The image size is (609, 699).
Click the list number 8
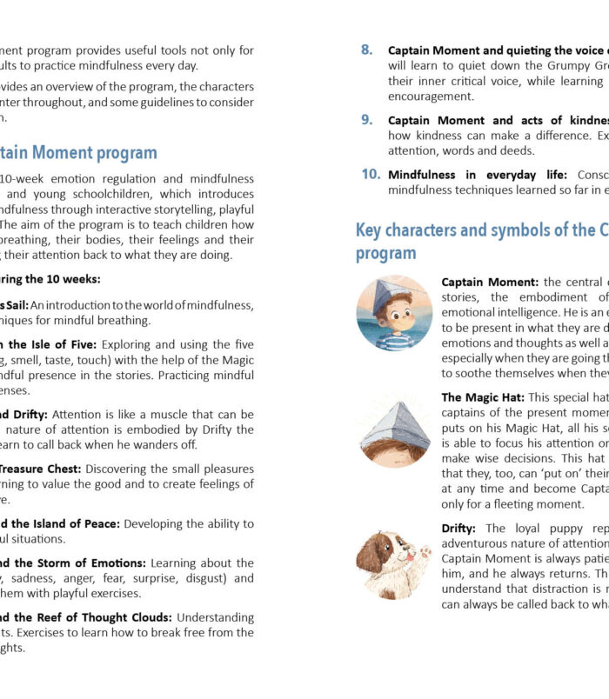[x=366, y=50]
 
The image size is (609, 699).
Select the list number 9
[x=366, y=120]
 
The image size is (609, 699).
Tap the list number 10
[x=370, y=174]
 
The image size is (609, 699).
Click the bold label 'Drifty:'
[x=458, y=528]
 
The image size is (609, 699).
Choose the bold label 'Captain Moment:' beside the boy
[x=490, y=282]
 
